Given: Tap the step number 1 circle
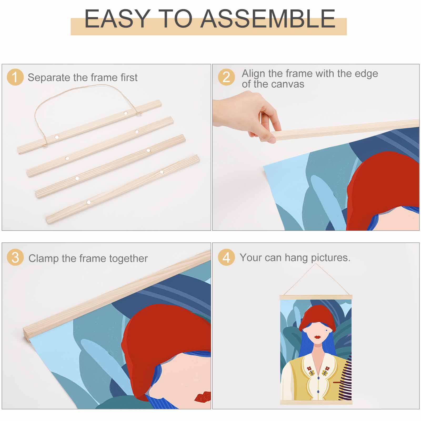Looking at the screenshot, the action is pos(15,77).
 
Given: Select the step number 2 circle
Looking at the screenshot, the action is pos(226,77).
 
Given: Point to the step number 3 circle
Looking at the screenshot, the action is pos(15,257).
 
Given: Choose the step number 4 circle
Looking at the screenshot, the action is pos(226,257).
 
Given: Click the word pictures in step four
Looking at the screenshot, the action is pos(330,258).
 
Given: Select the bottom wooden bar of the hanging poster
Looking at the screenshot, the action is pos(316,402).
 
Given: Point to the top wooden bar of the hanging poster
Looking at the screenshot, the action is pos(316,297).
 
